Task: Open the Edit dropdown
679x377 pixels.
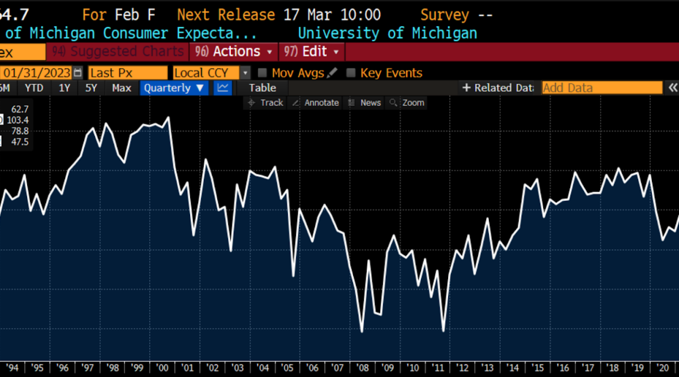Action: coord(313,52)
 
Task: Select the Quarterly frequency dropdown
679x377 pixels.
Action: coord(174,88)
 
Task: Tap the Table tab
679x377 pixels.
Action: coord(263,88)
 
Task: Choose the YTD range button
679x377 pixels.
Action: coord(34,88)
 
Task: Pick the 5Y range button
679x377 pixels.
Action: coord(91,88)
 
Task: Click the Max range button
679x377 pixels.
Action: coord(122,88)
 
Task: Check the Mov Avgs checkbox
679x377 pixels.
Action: coord(263,73)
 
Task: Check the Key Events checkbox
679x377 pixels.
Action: coord(351,73)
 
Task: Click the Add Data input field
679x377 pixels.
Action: coord(601,88)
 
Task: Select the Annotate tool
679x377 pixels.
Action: coord(316,102)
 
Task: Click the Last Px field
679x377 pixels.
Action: coord(127,73)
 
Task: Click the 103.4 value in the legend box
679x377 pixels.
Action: coord(18,120)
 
